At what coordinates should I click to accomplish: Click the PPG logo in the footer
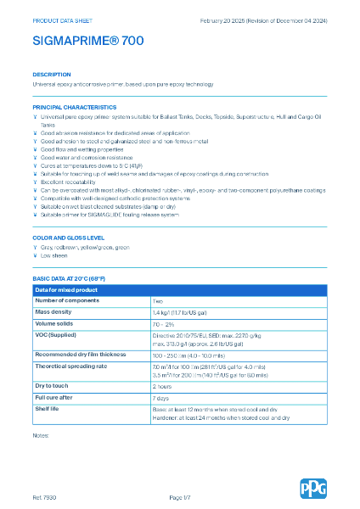tap(312, 488)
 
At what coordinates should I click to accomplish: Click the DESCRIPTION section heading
tap(52, 75)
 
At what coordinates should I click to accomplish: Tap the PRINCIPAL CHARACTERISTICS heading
tap(74, 108)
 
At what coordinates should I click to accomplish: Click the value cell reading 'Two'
tap(158, 300)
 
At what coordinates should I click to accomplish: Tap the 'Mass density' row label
tap(53, 312)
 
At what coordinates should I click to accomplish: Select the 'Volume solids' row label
tap(56, 324)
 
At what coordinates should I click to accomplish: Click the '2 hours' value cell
tap(162, 385)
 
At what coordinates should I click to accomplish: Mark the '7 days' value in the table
tap(160, 397)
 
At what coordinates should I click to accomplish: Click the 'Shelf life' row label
tap(48, 408)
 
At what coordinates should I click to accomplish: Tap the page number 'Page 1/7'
tap(180, 496)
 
